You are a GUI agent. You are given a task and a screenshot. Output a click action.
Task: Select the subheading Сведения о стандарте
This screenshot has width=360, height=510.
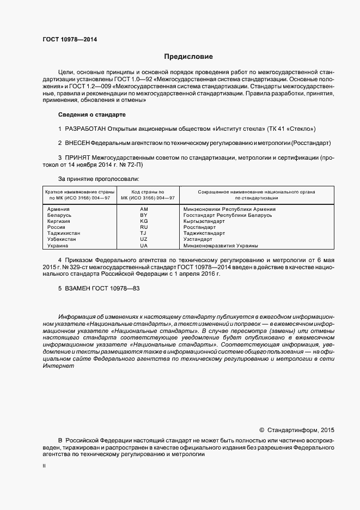coord(92,115)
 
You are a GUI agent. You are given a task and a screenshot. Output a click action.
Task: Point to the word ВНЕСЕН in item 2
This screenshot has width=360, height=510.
coord(77,143)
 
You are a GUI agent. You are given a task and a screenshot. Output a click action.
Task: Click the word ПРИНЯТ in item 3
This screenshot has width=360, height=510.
coord(77,157)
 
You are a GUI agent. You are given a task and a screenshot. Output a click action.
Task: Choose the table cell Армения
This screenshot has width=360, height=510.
coord(58,209)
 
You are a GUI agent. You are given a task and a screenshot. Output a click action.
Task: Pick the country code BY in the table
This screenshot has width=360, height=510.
coord(144,215)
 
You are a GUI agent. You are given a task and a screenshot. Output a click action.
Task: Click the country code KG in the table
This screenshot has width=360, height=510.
coord(144,221)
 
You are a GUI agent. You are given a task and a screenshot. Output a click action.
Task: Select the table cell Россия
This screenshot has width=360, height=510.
coord(57,227)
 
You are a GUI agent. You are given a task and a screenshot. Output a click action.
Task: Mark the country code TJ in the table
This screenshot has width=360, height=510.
coord(144,233)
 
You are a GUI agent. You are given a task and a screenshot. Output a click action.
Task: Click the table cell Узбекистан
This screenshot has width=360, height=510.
coord(63,239)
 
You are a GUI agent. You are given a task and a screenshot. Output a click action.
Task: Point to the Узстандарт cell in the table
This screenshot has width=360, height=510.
coord(199,239)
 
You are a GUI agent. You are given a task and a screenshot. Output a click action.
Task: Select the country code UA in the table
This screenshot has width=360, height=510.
coord(144,246)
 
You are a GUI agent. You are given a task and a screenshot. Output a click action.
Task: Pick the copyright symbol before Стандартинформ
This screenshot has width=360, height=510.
coord(261,429)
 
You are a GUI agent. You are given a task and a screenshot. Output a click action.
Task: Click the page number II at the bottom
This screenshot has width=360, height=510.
coord(44,466)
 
